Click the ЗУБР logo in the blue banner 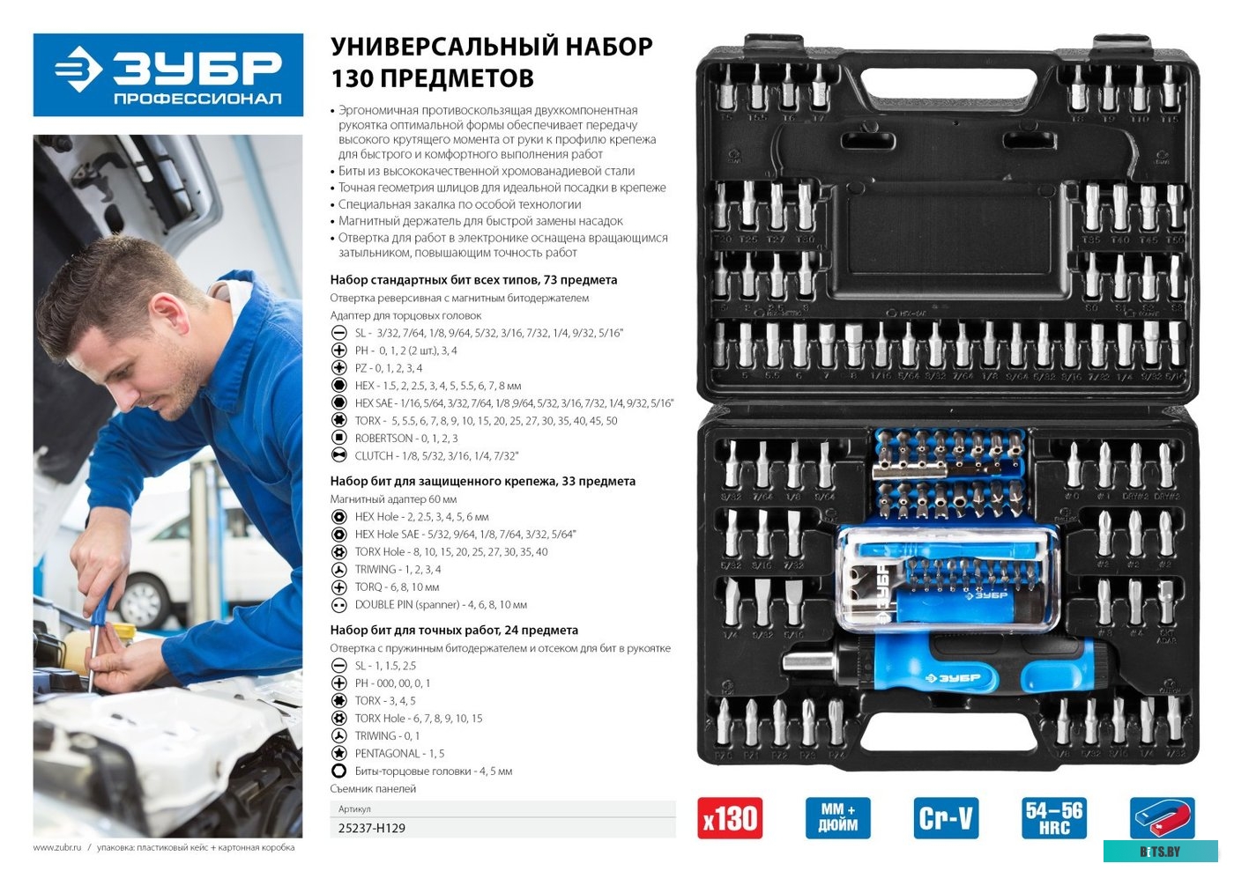click(x=167, y=74)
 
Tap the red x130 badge click(x=730, y=818)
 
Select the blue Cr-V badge click(x=946, y=818)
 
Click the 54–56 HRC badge click(x=1053, y=818)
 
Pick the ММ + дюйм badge click(x=837, y=818)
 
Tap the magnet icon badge click(x=1162, y=818)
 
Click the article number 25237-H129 click(x=372, y=828)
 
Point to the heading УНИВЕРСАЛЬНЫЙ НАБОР click(x=491, y=47)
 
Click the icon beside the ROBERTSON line click(x=338, y=438)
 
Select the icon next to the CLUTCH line click(x=338, y=455)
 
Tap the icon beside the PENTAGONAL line click(x=338, y=753)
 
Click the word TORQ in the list click(x=369, y=587)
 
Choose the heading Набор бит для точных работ click(x=454, y=630)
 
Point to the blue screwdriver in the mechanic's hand click(x=100, y=616)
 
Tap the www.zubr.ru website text click(x=57, y=847)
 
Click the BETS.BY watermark click(x=1159, y=852)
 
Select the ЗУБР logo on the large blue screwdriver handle click(x=952, y=678)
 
